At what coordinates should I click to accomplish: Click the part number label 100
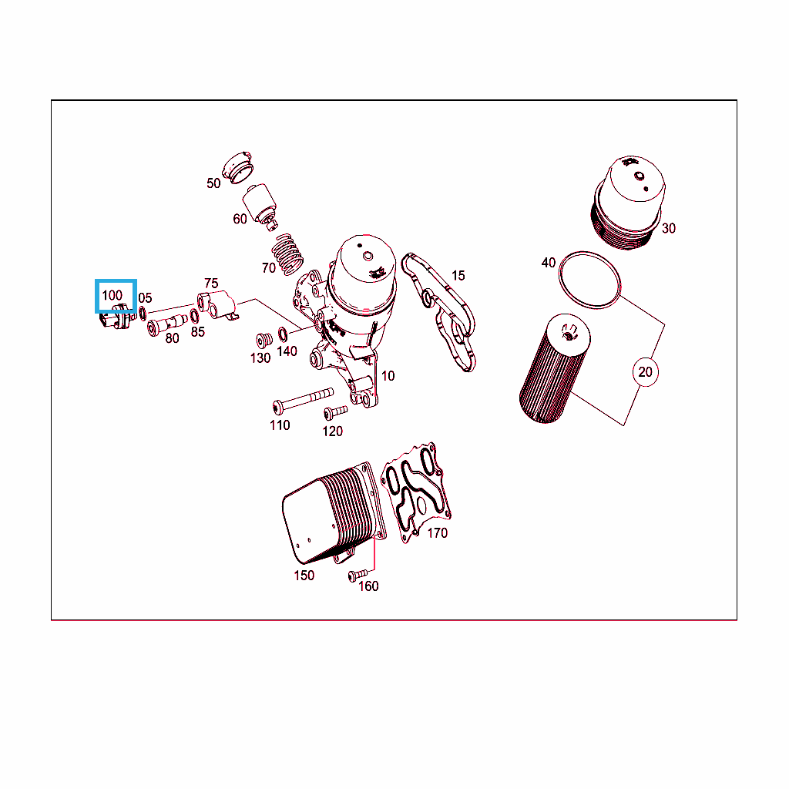pos(112,295)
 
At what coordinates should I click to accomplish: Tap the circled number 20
pos(645,372)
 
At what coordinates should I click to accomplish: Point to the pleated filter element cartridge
pos(555,368)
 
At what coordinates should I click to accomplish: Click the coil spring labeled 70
pos(287,254)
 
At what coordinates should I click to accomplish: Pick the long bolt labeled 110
pos(302,400)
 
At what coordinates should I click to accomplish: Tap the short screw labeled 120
pos(335,413)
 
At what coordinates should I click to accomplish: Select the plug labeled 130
pos(264,341)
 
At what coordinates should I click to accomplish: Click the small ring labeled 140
pos(283,334)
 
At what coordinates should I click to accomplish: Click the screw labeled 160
pos(358,575)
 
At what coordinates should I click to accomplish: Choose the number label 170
pos(438,533)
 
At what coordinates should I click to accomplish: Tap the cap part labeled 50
pos(237,167)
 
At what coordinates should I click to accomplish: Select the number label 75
pos(211,284)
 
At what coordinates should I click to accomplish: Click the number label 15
pos(458,276)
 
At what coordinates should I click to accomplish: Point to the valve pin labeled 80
pos(166,324)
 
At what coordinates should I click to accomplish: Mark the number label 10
pos(388,376)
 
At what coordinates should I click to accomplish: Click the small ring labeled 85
pos(194,317)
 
